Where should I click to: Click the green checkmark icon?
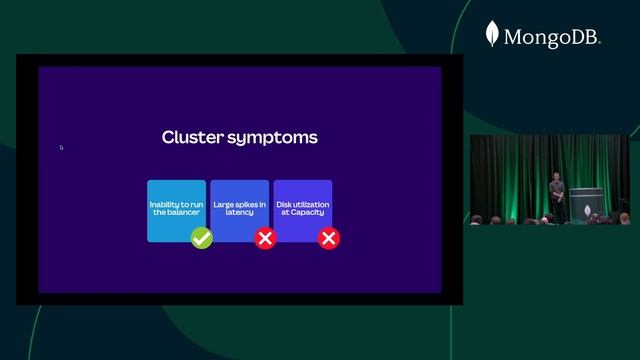pyautogui.click(x=202, y=238)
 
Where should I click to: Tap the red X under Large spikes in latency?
pyautogui.click(x=265, y=238)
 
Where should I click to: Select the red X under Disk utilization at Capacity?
pyautogui.click(x=328, y=238)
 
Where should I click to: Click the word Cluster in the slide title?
pyautogui.click(x=191, y=137)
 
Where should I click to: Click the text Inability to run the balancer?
pyautogui.click(x=176, y=209)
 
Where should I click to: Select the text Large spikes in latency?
pyautogui.click(x=239, y=209)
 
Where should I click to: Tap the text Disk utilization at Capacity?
pyautogui.click(x=302, y=209)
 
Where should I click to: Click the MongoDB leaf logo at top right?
pyautogui.click(x=492, y=35)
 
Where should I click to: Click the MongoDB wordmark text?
pyautogui.click(x=551, y=38)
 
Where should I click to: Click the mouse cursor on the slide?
pyautogui.click(x=61, y=147)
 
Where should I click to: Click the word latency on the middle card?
pyautogui.click(x=239, y=213)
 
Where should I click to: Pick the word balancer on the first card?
pyautogui.click(x=183, y=213)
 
